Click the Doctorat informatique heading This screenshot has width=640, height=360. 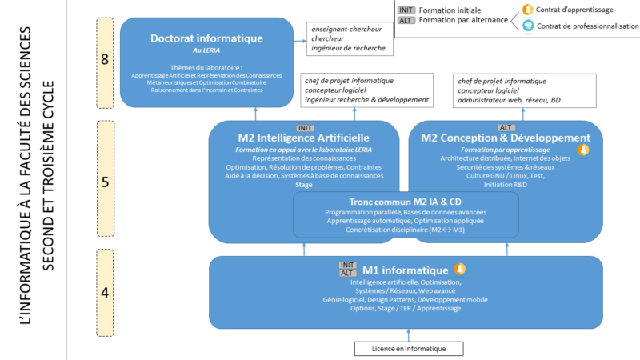point(206,38)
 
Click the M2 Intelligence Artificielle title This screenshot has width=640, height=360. point(304,138)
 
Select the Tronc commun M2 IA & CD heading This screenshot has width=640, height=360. point(405,202)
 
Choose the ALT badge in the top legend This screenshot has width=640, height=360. point(406,20)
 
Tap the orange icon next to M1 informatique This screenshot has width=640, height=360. point(460,269)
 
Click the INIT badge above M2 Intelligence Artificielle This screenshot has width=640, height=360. point(305,127)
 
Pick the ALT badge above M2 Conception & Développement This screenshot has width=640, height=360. point(506,127)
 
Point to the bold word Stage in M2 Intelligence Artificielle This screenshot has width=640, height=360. point(304,185)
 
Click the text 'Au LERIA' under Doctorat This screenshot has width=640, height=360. point(206,50)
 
